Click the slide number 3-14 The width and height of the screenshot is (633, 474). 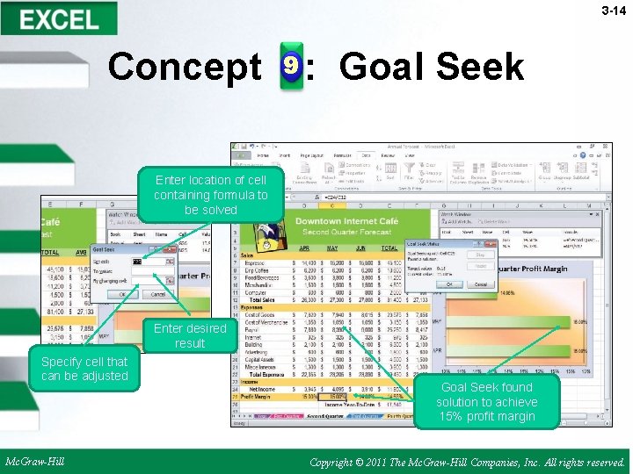(613, 11)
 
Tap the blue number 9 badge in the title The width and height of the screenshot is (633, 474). (291, 67)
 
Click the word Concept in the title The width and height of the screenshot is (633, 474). (184, 67)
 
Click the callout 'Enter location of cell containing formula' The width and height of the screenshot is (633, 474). (211, 195)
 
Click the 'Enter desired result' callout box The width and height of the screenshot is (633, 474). (190, 335)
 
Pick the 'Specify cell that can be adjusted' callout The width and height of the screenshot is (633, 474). (84, 369)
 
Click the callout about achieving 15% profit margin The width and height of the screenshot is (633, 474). (486, 402)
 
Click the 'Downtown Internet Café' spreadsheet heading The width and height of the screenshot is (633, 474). (346, 221)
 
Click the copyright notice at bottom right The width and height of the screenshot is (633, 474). (468, 462)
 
